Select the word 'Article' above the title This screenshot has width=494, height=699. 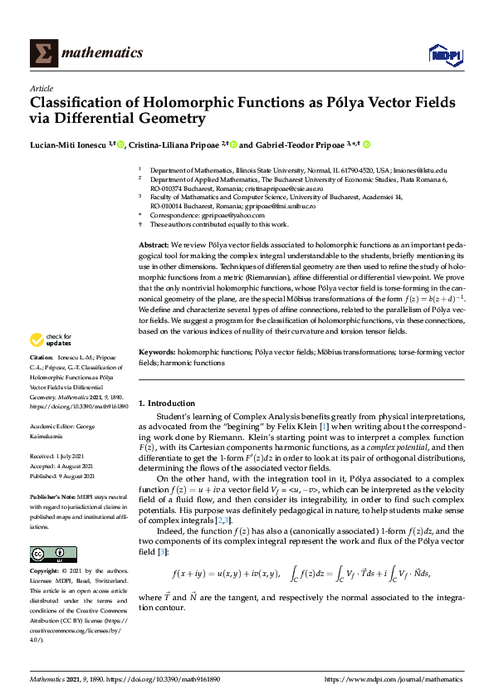click(x=41, y=88)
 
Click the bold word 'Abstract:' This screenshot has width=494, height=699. click(x=154, y=247)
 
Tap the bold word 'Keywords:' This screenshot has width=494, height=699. click(x=157, y=353)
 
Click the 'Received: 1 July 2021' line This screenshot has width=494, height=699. click(x=56, y=456)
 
